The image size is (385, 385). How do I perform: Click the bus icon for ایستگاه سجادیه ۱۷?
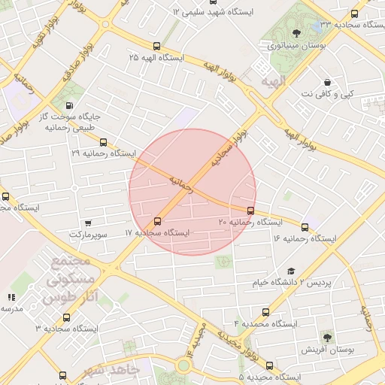point(156,221)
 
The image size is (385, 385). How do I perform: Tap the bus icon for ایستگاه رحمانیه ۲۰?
point(250,211)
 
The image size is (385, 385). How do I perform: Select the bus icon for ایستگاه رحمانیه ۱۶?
point(305,227)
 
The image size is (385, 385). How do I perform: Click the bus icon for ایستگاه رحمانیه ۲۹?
point(103,141)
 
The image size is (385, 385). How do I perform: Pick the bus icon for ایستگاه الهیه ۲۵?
point(156,46)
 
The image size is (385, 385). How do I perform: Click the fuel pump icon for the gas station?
point(70,106)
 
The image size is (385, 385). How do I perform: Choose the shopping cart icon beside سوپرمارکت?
point(89,223)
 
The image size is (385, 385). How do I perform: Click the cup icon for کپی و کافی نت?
point(327,82)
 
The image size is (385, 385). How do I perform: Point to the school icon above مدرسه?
point(11,298)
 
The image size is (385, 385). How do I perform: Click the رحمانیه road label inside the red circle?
point(180,183)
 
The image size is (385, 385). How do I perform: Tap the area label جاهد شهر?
point(112,371)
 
